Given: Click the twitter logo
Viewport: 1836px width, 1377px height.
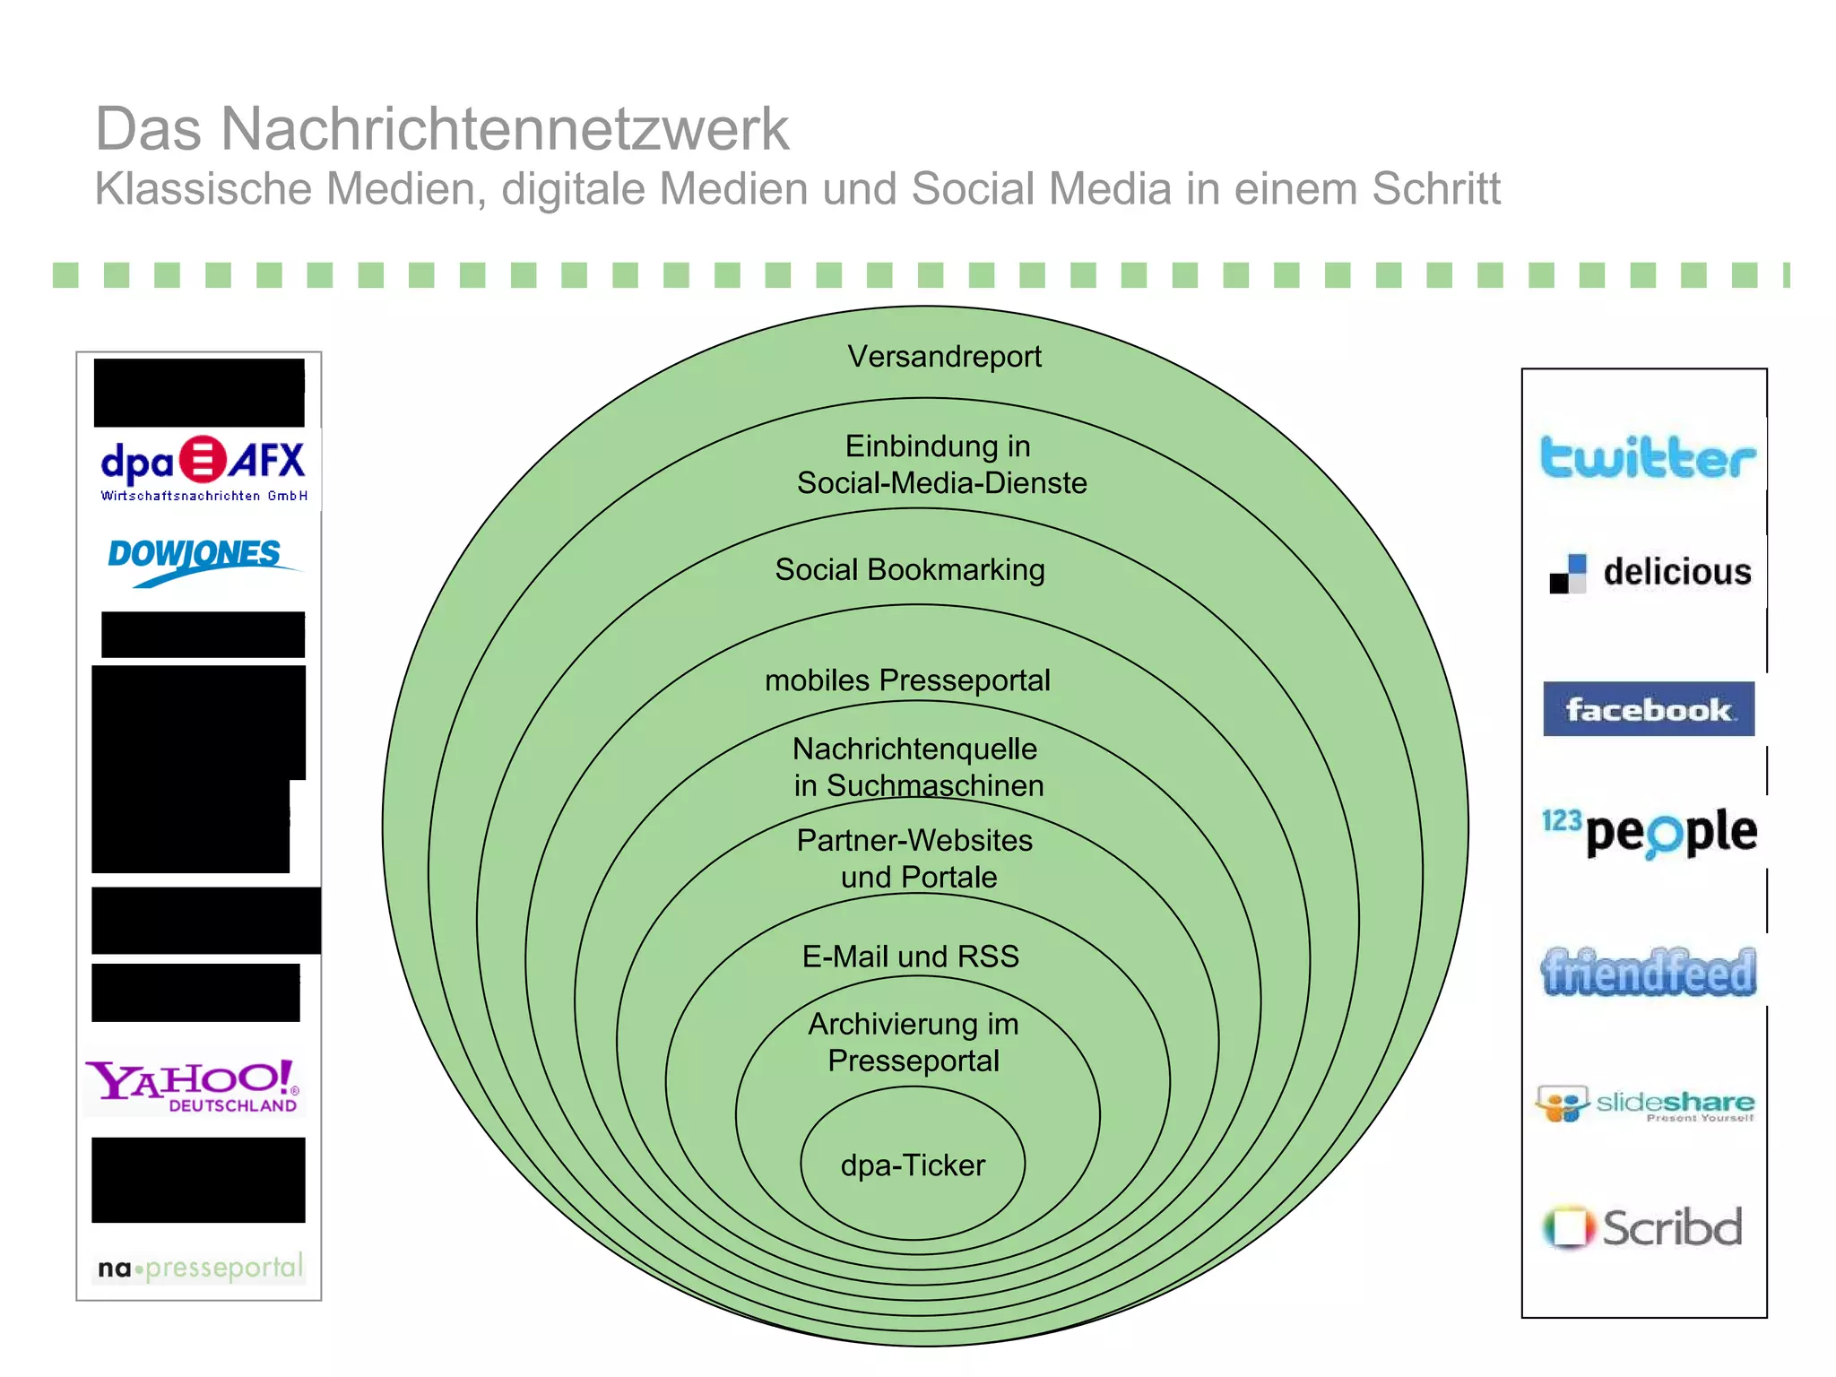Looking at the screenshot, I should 1648,457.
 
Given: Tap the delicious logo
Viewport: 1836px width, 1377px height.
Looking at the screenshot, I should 1650,572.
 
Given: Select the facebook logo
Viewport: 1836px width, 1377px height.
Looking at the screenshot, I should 1649,709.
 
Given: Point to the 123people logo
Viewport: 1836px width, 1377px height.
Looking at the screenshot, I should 1650,831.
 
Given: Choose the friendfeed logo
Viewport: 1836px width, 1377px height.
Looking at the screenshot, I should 1649,973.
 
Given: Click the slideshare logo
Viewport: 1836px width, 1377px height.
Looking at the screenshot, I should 1645,1104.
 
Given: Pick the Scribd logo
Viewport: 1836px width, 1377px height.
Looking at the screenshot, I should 1643,1227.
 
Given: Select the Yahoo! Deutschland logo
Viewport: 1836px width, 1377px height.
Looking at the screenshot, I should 195,1086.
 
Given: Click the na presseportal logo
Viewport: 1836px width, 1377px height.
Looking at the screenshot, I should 201,1268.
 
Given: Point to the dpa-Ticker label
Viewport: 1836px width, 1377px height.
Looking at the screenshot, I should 913,1165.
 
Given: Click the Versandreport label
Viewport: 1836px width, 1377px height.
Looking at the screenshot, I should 944,357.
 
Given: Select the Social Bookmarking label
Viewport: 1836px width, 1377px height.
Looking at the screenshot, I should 910,570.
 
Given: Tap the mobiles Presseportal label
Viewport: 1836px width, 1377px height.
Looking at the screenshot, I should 907,680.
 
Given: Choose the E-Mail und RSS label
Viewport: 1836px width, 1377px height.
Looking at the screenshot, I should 911,957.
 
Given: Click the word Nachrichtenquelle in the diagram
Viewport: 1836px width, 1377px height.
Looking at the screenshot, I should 914,749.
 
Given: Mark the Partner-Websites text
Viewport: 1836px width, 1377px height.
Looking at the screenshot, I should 914,841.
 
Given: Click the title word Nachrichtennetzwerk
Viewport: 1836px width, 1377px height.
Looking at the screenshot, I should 504,129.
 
